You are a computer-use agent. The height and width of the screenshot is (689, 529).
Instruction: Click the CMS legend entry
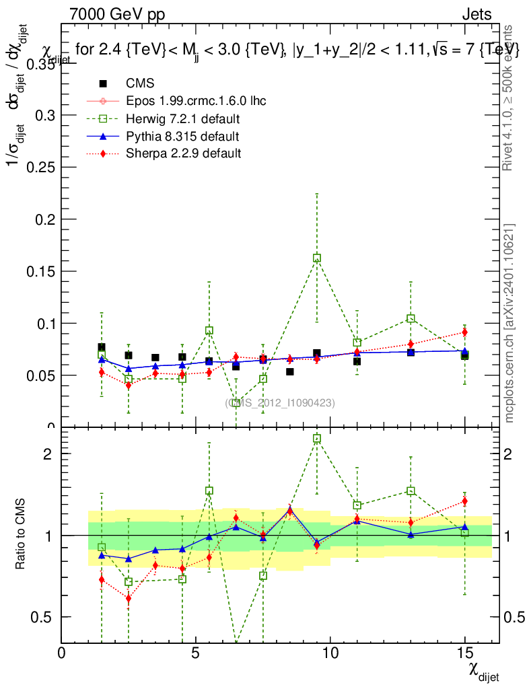(x=140, y=83)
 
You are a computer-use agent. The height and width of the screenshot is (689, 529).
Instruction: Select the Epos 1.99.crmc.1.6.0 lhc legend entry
(x=196, y=101)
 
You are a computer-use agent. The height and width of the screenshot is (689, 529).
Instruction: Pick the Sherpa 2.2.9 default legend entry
(x=183, y=153)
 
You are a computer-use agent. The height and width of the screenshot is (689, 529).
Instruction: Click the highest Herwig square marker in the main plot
(x=317, y=258)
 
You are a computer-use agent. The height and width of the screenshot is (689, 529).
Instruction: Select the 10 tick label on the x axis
(x=330, y=653)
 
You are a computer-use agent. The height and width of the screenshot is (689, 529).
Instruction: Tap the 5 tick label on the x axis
(x=196, y=653)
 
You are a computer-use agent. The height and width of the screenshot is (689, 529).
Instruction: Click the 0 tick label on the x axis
(x=62, y=653)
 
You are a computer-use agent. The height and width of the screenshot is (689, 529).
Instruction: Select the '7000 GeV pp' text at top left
(x=116, y=14)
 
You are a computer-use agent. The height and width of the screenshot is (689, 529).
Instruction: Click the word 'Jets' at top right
(x=476, y=14)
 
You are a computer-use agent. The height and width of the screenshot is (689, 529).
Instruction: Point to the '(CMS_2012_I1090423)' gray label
(x=280, y=402)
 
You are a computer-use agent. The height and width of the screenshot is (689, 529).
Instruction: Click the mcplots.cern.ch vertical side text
(x=509, y=323)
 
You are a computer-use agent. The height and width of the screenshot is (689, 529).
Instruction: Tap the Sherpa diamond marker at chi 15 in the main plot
(x=464, y=332)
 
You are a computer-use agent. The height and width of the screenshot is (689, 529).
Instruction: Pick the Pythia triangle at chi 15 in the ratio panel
(x=464, y=528)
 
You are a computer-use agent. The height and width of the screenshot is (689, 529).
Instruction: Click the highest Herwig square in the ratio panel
(x=317, y=439)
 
